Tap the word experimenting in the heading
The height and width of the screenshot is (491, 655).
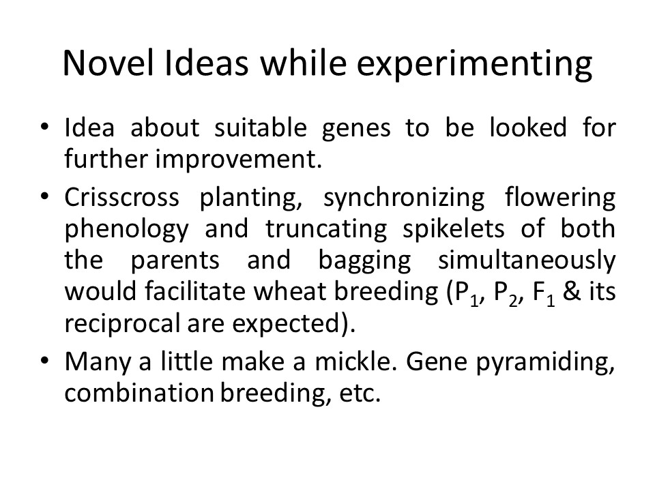pos(475,66)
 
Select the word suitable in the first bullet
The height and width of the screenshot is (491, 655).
pos(261,128)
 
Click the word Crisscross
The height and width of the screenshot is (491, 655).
pos(121,197)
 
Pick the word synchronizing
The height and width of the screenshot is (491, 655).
pos(404,198)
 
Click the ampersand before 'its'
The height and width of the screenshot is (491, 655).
pos(572,292)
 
